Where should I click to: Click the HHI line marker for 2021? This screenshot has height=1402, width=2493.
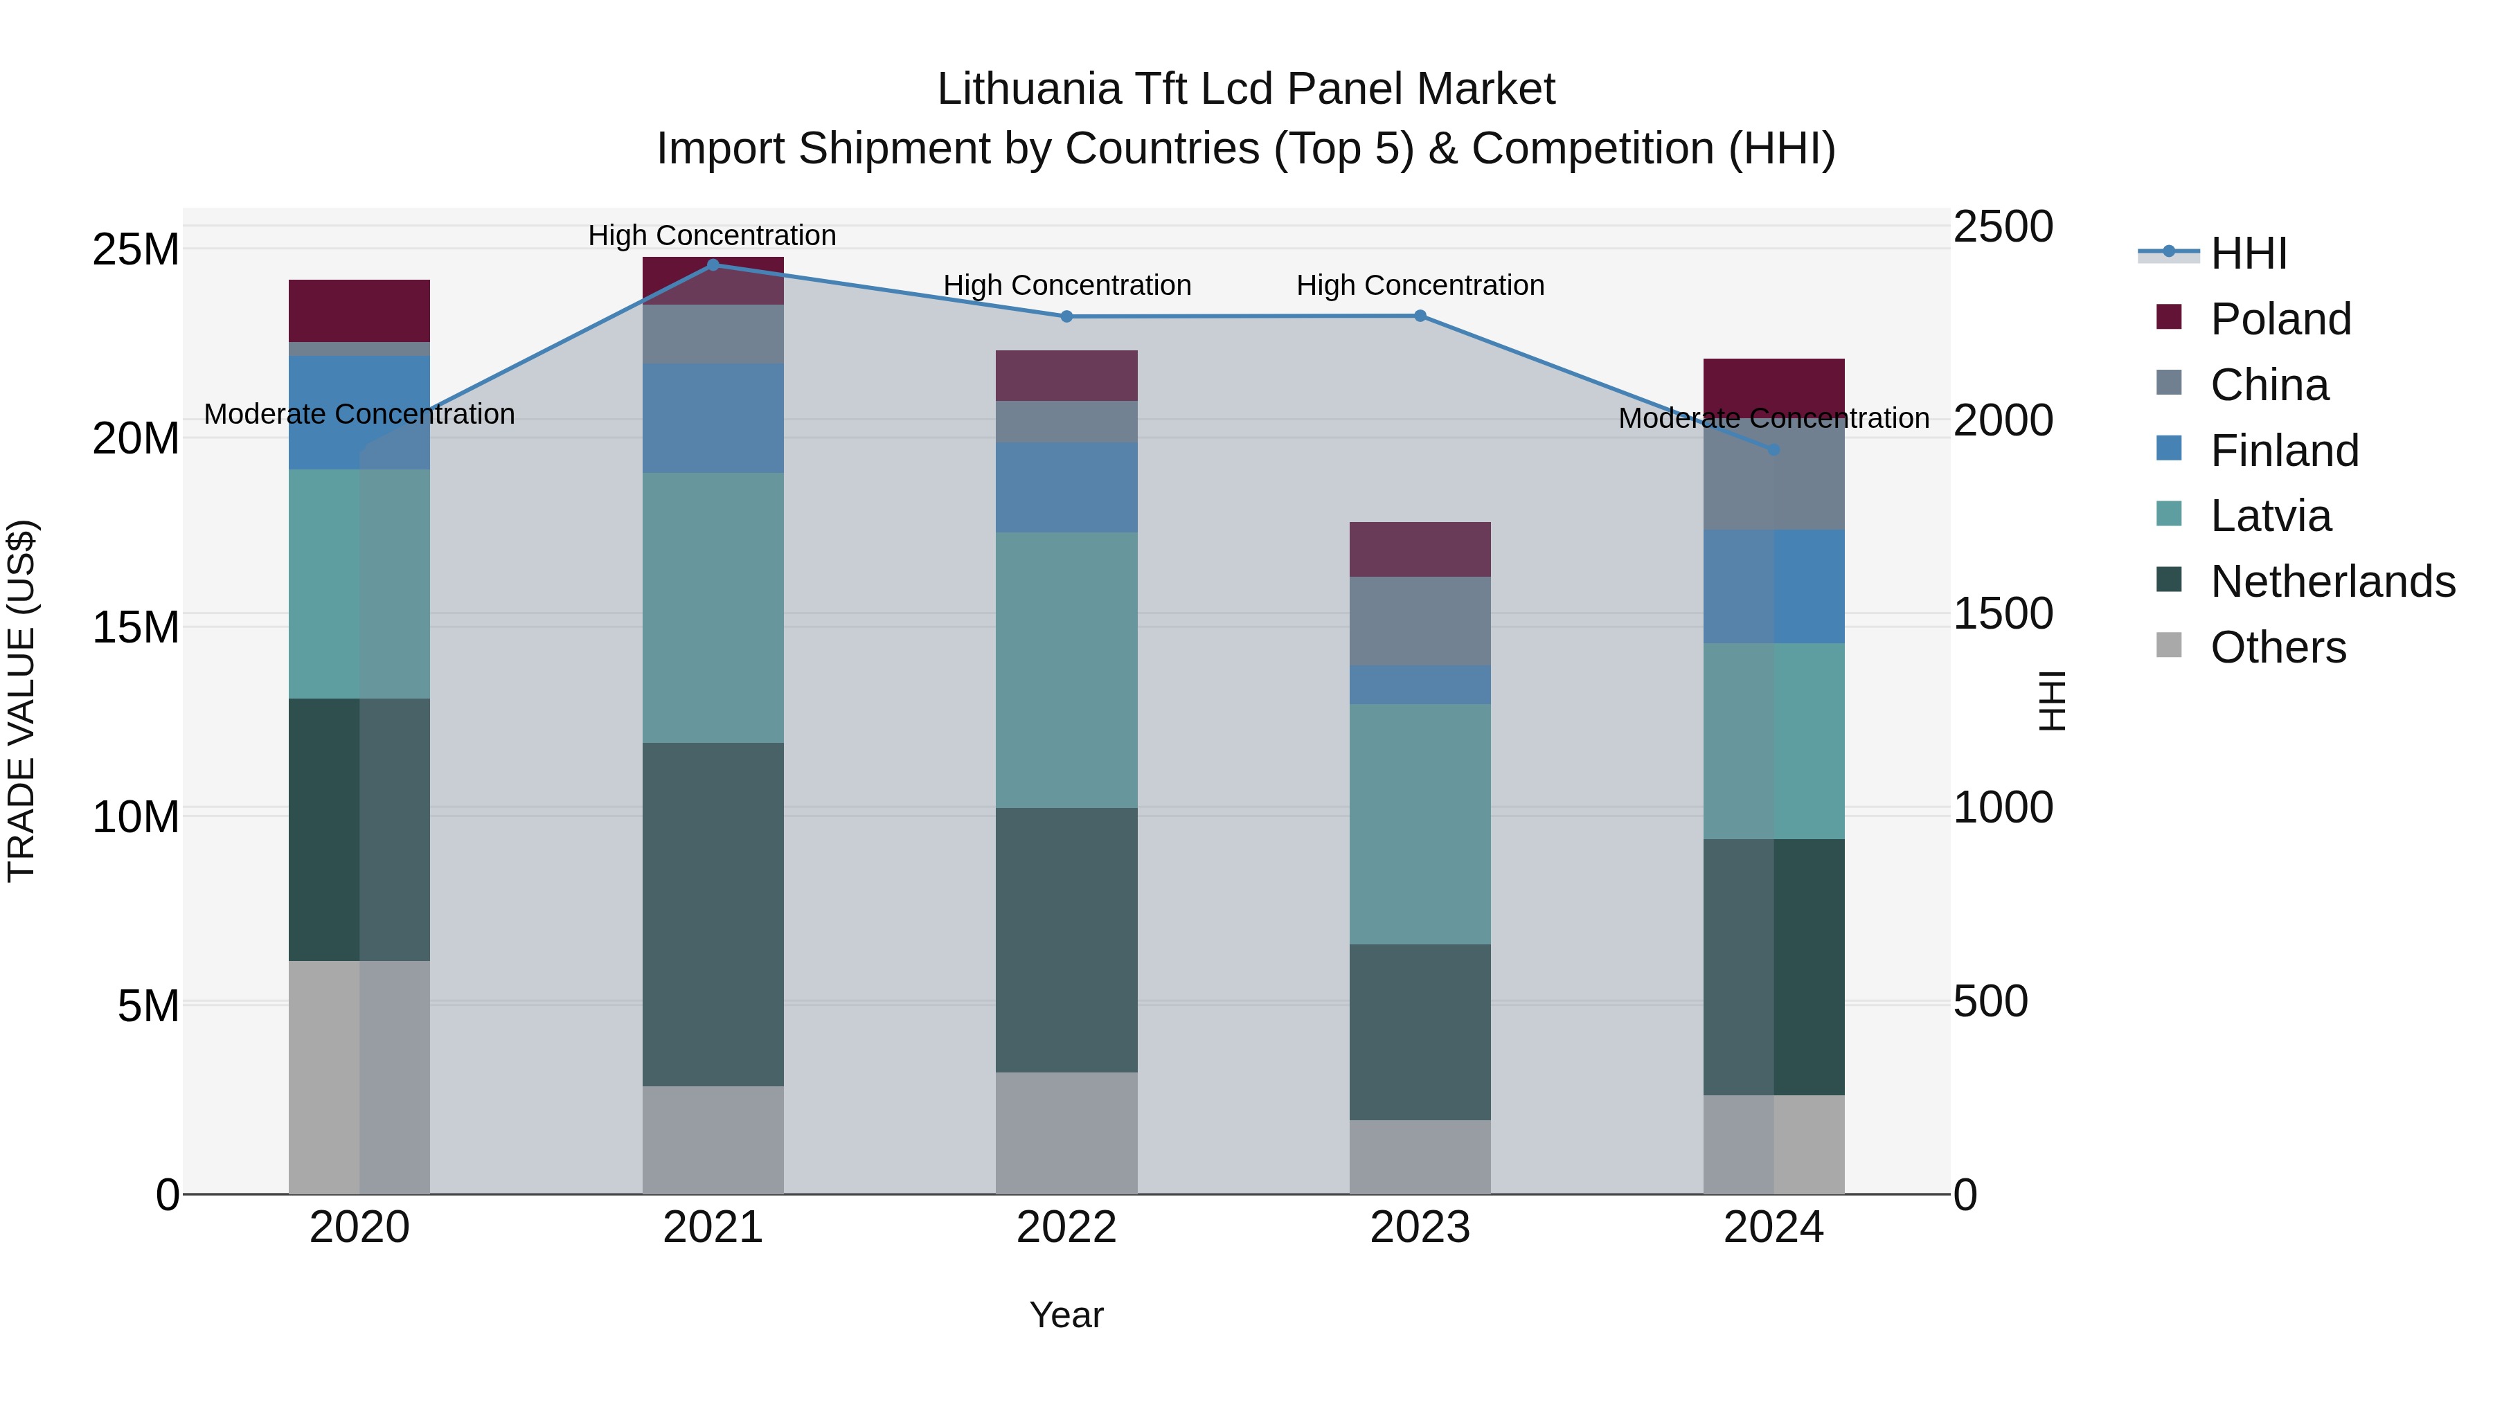pos(713,264)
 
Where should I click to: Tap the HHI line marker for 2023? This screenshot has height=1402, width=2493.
pos(1420,316)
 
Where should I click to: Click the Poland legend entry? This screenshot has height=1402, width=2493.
pos(2280,319)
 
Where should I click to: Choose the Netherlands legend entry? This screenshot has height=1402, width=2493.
pos(2332,582)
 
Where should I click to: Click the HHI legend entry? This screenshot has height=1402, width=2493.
pos(2248,253)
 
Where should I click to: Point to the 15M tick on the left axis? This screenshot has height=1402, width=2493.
pos(136,627)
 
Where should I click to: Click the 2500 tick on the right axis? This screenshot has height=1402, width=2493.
pos(2002,226)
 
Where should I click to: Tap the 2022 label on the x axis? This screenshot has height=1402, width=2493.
pos(1066,1228)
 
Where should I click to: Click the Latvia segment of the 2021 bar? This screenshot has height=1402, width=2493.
pos(713,608)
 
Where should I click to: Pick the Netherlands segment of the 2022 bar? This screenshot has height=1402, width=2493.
pos(1066,940)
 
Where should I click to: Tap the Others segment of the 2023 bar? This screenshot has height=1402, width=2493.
pos(1420,1156)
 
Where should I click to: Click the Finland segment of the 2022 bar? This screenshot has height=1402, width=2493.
pos(1066,487)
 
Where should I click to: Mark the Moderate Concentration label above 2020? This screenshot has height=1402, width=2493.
pos(359,414)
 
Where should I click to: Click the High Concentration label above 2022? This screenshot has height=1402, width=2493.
pos(1066,285)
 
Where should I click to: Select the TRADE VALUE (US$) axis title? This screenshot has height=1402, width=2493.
pos(21,701)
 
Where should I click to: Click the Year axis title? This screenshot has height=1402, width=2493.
pos(1066,1315)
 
